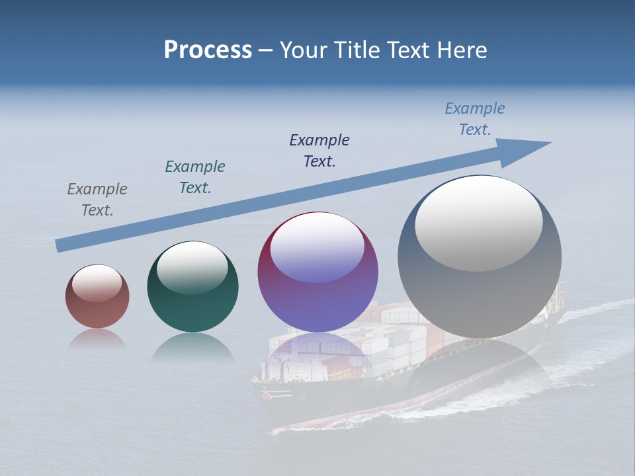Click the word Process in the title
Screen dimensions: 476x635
coord(208,50)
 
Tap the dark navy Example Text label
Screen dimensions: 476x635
coord(319,151)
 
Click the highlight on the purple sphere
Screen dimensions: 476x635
coord(317,247)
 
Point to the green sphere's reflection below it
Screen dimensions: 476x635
coord(192,346)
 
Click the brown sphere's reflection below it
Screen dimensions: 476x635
coord(97,338)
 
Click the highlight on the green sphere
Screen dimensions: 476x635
coord(192,267)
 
